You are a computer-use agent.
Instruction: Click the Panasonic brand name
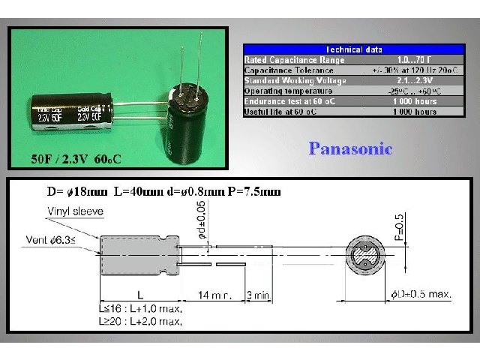[350, 148]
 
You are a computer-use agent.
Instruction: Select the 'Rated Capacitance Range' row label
[284, 59]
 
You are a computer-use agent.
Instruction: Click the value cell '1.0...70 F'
[415, 59]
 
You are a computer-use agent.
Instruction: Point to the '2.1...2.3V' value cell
[415, 80]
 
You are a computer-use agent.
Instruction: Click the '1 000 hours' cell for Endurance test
[415, 101]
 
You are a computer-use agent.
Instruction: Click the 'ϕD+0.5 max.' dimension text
[420, 295]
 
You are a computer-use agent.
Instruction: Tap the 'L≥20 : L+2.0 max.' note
[139, 321]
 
